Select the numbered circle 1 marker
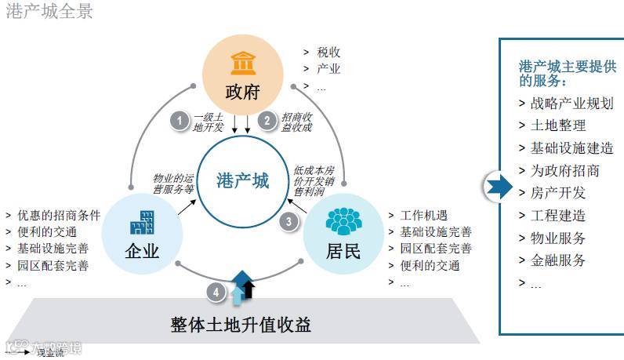180,121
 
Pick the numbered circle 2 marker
268,120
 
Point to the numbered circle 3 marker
289,222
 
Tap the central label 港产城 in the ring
243,181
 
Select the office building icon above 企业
142,223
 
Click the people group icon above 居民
343,221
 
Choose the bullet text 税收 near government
328,53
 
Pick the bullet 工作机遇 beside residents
424,216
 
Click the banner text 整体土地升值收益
241,323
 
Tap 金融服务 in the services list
557,260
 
